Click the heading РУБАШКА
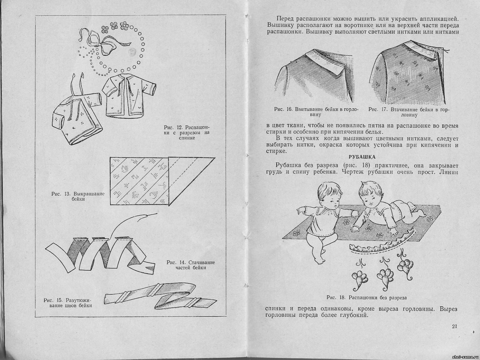coord(362,157)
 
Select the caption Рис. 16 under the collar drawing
coord(316,112)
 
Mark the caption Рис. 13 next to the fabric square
coord(78,196)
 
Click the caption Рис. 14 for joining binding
coord(191,265)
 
